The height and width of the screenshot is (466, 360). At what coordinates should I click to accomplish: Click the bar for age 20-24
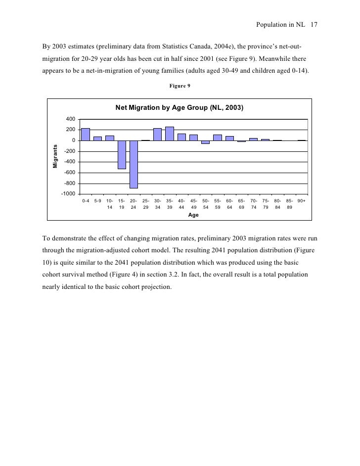click(134, 164)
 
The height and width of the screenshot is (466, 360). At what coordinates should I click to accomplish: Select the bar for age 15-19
click(122, 154)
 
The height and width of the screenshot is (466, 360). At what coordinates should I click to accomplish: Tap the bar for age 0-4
click(86, 134)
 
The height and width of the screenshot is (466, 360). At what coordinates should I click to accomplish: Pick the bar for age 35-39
click(170, 134)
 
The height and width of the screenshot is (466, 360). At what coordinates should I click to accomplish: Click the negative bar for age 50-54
click(205, 142)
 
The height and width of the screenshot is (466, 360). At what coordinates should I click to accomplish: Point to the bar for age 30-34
click(157, 134)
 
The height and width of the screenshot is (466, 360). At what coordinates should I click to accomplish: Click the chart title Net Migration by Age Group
click(180, 107)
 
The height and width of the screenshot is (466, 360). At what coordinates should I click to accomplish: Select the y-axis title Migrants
click(55, 156)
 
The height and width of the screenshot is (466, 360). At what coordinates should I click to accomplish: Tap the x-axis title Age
click(193, 216)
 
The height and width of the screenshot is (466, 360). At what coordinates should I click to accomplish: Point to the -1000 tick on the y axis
click(69, 193)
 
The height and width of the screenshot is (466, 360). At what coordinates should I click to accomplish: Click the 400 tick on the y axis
click(71, 119)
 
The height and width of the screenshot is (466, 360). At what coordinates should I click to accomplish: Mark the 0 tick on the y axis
click(74, 140)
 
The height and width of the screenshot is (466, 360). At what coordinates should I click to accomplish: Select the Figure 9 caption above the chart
click(180, 86)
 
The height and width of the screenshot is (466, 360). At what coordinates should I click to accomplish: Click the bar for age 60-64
click(229, 138)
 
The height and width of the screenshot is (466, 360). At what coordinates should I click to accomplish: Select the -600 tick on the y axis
click(70, 172)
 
